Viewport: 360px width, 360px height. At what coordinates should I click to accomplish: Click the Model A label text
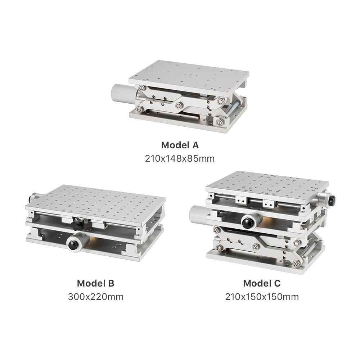click(x=180, y=145)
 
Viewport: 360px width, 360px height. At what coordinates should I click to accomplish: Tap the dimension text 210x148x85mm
click(x=180, y=158)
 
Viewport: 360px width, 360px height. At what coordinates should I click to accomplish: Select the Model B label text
click(x=95, y=283)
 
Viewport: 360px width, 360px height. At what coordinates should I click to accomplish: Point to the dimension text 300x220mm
click(x=95, y=297)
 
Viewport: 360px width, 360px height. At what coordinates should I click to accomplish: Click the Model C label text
click(x=262, y=283)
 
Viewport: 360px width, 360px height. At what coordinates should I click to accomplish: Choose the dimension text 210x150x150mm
click(x=262, y=297)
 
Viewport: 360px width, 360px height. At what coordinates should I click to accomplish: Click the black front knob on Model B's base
click(x=73, y=245)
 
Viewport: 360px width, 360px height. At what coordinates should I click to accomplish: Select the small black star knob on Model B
click(x=78, y=224)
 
